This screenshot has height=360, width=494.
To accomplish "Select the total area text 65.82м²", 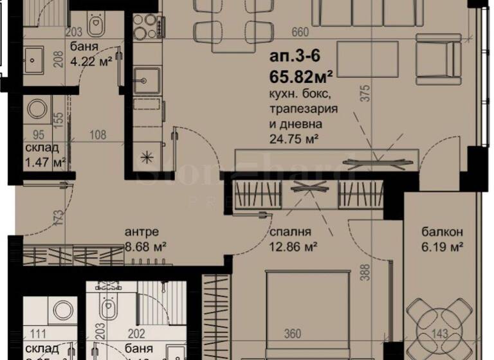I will (301, 79).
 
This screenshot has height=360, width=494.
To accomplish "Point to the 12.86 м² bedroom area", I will (286, 246).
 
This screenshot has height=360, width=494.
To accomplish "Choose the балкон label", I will (440, 232).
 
